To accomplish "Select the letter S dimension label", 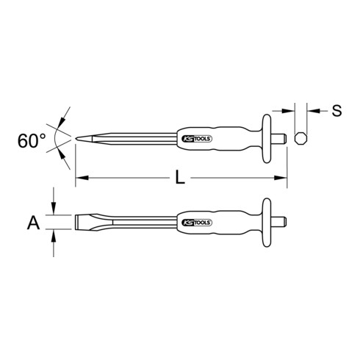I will tap(336, 112).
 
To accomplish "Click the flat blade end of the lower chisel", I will tap(76, 222).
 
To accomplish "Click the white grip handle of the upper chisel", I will tap(220, 138).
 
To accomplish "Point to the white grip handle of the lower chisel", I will tap(220, 221).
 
